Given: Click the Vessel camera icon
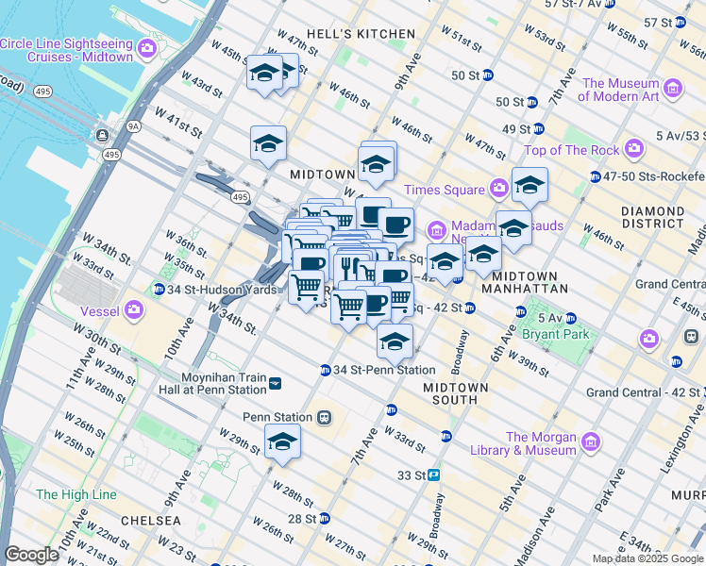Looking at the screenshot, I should [x=134, y=308].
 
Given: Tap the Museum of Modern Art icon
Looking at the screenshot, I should [x=673, y=89].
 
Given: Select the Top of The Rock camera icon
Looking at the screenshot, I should [x=633, y=149].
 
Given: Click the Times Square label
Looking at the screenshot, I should [x=444, y=190].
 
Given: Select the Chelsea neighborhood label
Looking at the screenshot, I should [x=149, y=520].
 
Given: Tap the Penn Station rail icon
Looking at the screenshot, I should [x=324, y=417].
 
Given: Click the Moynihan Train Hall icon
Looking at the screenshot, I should [x=275, y=382].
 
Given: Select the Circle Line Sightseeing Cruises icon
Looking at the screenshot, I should [x=146, y=48].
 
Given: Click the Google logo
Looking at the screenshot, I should [x=32, y=555].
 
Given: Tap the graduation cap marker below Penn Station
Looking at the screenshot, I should [x=282, y=441].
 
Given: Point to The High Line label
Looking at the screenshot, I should [x=76, y=494].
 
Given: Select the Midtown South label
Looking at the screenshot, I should [x=456, y=393].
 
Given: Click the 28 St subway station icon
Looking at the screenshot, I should [x=325, y=519].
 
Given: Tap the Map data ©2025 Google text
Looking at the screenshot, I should [x=647, y=558].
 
